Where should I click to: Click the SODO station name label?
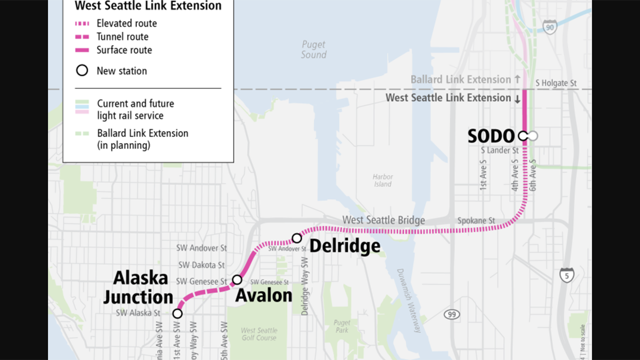[x=490, y=136]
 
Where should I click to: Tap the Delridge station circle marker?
[x=296, y=238]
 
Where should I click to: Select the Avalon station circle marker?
[x=237, y=279]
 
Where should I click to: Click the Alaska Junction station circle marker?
[x=177, y=313]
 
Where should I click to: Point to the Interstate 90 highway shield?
[x=549, y=27]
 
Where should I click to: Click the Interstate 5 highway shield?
[x=566, y=275]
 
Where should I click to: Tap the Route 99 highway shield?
[x=451, y=314]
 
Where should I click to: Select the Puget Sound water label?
[x=313, y=50]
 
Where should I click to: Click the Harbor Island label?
[x=382, y=180]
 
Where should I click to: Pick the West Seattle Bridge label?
[x=383, y=220]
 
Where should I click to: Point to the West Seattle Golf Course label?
[x=259, y=334]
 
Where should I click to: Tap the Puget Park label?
[x=342, y=326]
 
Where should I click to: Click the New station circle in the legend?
[x=82, y=70]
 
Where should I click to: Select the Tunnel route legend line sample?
[x=82, y=37]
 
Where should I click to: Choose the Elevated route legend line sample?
[x=82, y=23]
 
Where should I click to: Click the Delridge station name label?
[x=345, y=246]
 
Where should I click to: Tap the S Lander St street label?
[x=499, y=150]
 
